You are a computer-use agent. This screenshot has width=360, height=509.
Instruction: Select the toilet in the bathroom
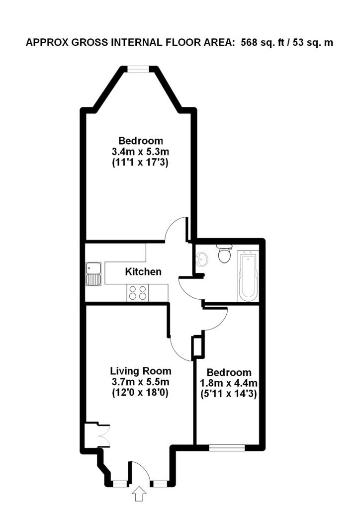click(224, 254)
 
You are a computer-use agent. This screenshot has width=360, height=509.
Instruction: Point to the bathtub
click(247, 276)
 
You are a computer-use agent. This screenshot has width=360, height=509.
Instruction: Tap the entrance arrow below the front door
click(140, 495)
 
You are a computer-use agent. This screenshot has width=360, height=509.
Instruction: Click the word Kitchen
click(143, 272)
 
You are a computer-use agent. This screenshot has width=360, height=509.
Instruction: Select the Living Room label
click(141, 371)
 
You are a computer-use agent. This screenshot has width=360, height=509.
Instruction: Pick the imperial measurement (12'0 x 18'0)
click(141, 393)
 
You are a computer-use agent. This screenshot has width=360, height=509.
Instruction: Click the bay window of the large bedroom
click(137, 70)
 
